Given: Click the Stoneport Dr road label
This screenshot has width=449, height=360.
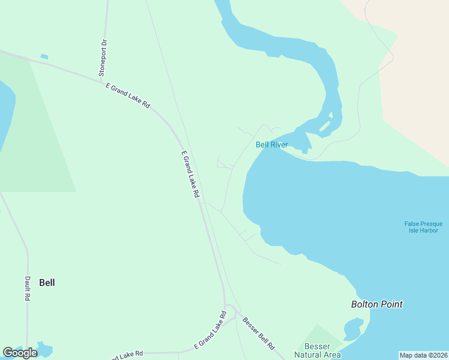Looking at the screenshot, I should (104, 59).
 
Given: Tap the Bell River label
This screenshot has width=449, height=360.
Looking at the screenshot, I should (271, 145).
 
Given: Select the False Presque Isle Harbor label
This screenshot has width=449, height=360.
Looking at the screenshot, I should (423, 227).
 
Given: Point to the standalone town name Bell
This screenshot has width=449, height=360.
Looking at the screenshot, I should (47, 283).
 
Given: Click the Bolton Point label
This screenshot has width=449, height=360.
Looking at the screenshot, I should (377, 304).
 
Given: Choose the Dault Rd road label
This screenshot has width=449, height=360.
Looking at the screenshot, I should (28, 289).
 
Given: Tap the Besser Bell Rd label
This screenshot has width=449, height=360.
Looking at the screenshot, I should (259, 334).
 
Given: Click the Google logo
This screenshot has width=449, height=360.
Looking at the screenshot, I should (20, 353).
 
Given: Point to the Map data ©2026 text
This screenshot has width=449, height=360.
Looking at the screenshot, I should (423, 355).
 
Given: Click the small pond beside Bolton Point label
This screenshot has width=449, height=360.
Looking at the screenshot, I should (353, 328).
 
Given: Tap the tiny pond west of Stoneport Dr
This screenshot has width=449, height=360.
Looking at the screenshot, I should (44, 57).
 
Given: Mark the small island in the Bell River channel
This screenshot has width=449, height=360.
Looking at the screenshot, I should (325, 127).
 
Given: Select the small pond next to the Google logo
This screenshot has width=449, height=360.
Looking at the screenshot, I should (45, 348).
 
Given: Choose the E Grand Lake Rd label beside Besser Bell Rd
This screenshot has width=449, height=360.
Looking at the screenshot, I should (210, 331).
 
